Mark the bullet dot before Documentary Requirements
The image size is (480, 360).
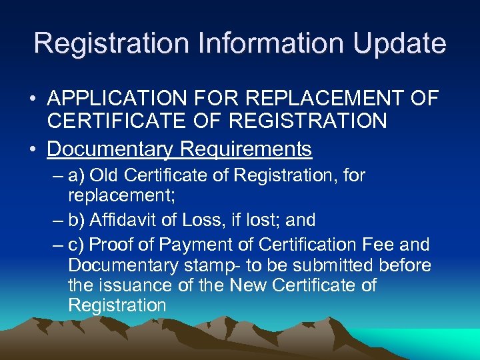[32, 150]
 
